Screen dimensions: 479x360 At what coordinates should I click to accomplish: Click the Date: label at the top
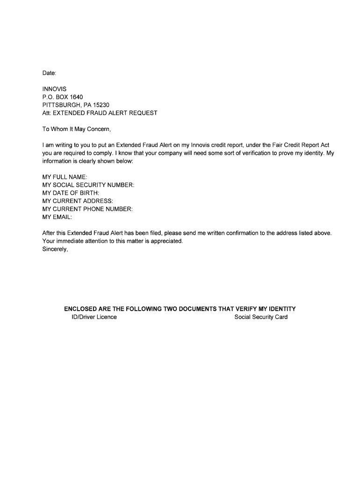pyautogui.click(x=49, y=73)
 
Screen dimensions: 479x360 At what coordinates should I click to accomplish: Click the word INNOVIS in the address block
pyautogui.click(x=54, y=89)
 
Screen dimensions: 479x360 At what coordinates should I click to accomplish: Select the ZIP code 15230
pyautogui.click(x=100, y=105)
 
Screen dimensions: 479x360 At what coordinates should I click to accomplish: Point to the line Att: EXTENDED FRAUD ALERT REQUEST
pyautogui.click(x=100, y=113)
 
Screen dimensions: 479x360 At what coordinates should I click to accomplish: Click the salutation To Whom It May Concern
pyautogui.click(x=77, y=129)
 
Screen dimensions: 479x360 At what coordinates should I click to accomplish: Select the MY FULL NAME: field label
pyautogui.click(x=65, y=177)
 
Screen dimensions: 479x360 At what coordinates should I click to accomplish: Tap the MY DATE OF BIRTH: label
pyautogui.click(x=71, y=193)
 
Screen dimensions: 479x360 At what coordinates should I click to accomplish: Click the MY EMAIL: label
pyautogui.click(x=57, y=217)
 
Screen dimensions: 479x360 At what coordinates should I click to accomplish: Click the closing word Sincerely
pyautogui.click(x=55, y=249)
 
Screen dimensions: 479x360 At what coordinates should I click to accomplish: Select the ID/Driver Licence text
pyautogui.click(x=91, y=317)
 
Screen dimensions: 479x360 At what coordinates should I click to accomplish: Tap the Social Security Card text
pyautogui.click(x=261, y=317)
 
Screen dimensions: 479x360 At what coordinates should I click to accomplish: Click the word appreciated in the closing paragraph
pyautogui.click(x=167, y=241)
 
